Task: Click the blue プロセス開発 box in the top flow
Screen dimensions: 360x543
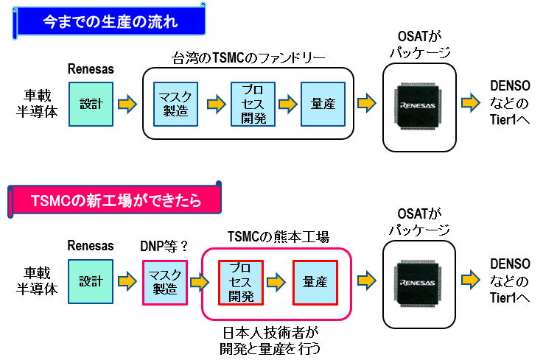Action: point(253,104)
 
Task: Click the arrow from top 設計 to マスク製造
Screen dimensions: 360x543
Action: point(127,104)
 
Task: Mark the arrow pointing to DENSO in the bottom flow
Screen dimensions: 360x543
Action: point(471,282)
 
